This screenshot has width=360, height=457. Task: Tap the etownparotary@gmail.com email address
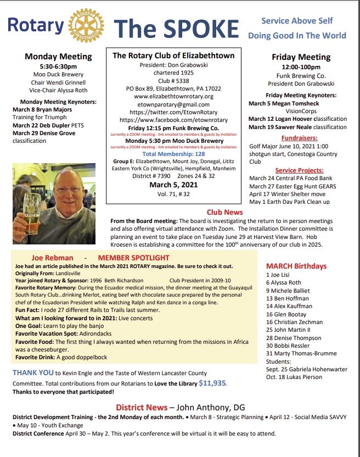(173, 104)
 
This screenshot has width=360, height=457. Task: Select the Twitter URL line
(173, 112)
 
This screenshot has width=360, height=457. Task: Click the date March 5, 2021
(173, 185)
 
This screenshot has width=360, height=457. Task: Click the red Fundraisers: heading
(298, 138)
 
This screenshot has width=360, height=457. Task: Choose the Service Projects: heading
(299, 170)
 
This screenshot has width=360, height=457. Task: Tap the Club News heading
(224, 211)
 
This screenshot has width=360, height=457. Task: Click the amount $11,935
(212, 383)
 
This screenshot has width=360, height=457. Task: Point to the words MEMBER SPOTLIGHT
(133, 257)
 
